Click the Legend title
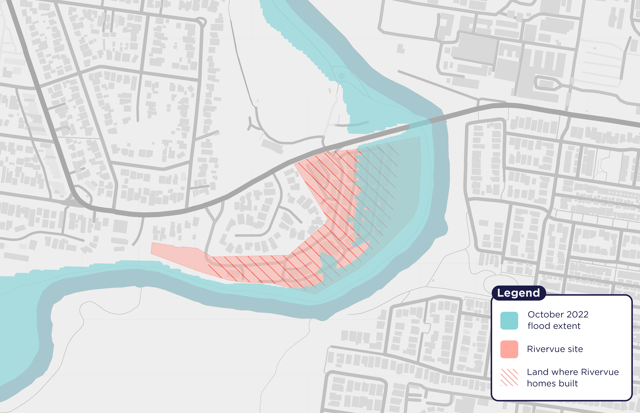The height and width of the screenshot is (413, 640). pyautogui.click(x=518, y=293)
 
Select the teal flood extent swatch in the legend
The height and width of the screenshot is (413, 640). pyautogui.click(x=509, y=321)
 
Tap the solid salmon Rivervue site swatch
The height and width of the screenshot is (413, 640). pyautogui.click(x=509, y=349)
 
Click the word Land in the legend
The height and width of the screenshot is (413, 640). pyautogui.click(x=537, y=372)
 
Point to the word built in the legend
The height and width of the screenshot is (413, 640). pyautogui.click(x=567, y=383)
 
